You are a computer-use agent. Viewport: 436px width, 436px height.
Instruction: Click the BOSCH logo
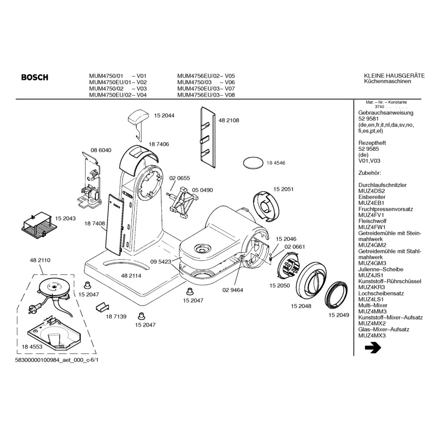34,77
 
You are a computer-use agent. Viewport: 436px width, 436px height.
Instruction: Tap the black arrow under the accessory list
373,348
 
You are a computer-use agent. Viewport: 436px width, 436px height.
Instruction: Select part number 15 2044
164,115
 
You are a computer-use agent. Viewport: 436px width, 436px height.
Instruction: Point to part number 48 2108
229,120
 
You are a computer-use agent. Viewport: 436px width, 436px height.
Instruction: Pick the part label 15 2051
283,189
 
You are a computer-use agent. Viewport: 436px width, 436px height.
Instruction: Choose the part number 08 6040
101,150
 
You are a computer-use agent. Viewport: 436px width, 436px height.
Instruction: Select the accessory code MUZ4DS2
371,191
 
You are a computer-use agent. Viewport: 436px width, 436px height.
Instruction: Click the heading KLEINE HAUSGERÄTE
394,76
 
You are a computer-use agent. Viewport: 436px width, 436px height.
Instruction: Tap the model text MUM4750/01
106,76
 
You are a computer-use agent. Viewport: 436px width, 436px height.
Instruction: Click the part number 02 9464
232,290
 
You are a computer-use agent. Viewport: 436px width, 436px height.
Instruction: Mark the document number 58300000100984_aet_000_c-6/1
59,360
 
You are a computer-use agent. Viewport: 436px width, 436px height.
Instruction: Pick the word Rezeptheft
372,143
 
